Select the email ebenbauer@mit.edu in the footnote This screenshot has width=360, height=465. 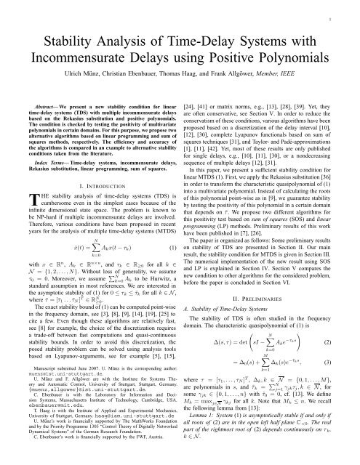click(x=42, y=416)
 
